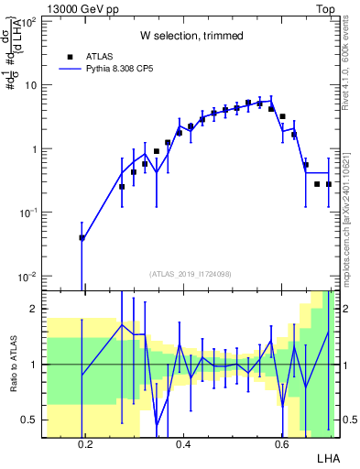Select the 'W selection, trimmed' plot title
pyautogui.click(x=191, y=36)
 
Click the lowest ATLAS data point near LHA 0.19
pyautogui.click(x=82, y=237)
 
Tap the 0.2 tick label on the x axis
pyautogui.click(x=86, y=444)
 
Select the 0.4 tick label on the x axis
pyautogui.click(x=183, y=444)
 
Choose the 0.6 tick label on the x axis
pyautogui.click(x=280, y=444)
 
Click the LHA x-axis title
pyautogui.click(x=328, y=457)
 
